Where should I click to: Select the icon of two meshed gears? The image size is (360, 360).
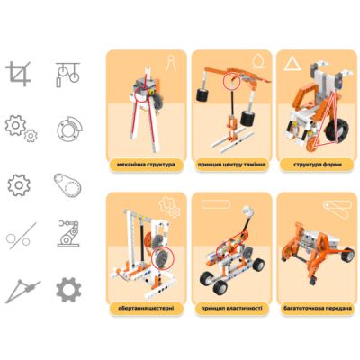pos(19,127)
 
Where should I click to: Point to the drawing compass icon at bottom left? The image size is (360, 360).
pos(19,291)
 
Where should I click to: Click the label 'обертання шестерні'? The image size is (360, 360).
pos(145,308)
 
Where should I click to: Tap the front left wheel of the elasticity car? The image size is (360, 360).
pos(219,287)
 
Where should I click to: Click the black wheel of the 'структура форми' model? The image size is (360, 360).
pos(314,140)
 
